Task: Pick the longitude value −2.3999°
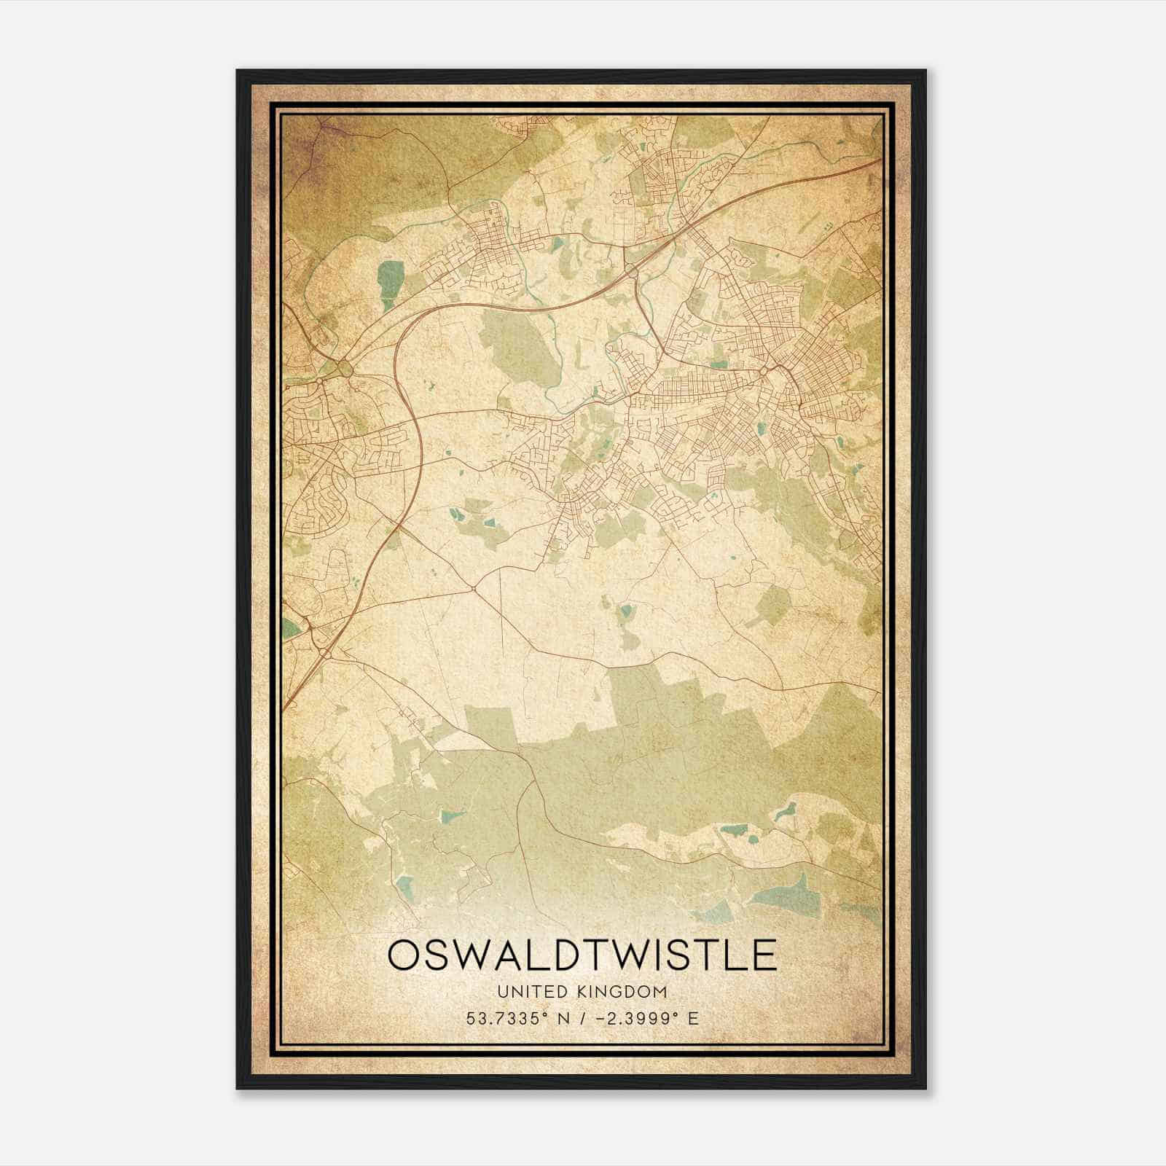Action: point(633,1018)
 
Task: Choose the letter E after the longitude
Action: point(692,1018)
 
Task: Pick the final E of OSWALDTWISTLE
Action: point(764,955)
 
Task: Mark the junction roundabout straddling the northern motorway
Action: point(633,272)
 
